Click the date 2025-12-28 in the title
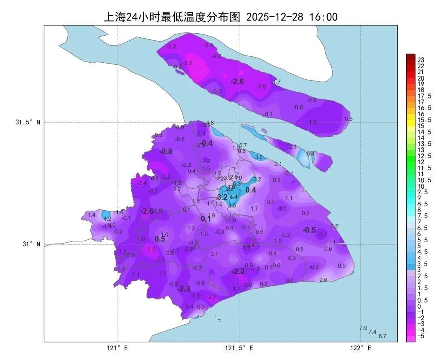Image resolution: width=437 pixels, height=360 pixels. point(275,17)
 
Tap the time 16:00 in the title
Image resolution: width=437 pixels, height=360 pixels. point(323,17)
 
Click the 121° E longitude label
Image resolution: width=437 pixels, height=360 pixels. point(117,348)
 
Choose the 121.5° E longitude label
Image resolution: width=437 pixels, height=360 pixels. point(239,348)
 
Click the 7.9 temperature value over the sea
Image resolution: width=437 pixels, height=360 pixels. point(363,328)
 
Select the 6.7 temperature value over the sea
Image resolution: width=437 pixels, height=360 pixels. point(382,336)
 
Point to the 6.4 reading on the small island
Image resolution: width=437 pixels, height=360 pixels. point(310,153)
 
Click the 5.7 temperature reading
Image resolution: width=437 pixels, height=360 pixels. point(243,145)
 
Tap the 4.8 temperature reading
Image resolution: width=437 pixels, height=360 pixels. point(210,123)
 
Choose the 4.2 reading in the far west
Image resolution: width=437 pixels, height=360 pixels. point(108,219)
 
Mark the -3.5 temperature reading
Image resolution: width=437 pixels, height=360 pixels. point(151,249)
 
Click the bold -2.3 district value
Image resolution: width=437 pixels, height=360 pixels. point(184,289)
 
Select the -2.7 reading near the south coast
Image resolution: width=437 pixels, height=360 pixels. point(211,297)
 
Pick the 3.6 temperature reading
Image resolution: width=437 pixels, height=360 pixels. point(259,157)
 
